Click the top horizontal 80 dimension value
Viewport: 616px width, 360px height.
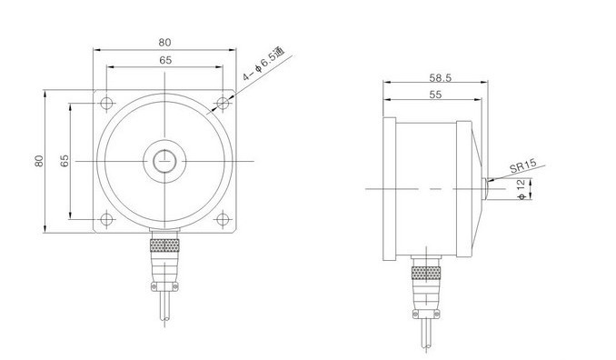[165, 43]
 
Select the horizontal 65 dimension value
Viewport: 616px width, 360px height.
[165, 60]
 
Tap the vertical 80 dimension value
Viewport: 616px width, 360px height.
[39, 161]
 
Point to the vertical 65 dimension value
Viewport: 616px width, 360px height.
[65, 161]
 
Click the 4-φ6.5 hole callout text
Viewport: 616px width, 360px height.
[263, 65]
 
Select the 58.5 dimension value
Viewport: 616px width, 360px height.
[441, 78]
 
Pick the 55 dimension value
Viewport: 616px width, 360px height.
[435, 95]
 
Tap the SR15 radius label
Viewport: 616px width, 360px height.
[523, 166]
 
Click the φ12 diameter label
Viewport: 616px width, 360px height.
[522, 189]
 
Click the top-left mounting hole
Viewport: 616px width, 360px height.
[106, 104]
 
